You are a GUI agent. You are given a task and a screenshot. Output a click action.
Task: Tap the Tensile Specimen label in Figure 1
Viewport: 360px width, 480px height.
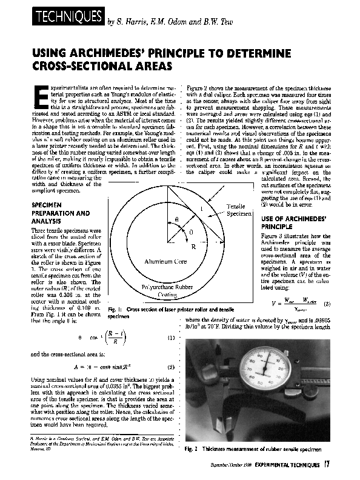pos(236,210)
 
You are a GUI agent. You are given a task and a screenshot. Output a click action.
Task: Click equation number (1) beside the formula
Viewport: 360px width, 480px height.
pos(172,337)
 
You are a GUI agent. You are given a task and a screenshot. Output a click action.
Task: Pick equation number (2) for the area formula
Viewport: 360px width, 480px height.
pos(172,367)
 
